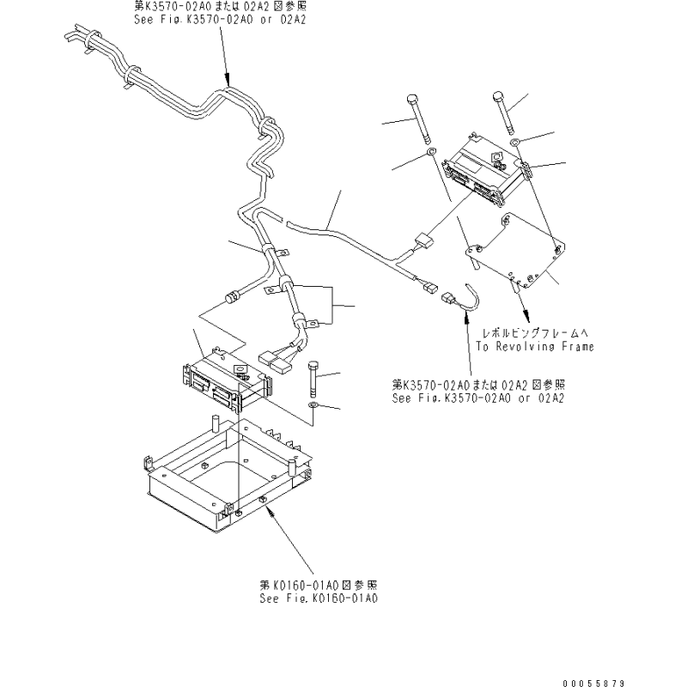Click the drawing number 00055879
point(593,683)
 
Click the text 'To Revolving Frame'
point(535,347)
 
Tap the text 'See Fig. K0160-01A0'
point(319,599)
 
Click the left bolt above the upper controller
point(420,119)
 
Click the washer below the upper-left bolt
point(432,152)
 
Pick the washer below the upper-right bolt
point(514,141)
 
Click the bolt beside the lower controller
point(314,378)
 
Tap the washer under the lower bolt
point(313,404)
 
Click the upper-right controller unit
point(487,171)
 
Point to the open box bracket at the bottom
point(229,477)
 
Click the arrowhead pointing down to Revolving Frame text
point(526,316)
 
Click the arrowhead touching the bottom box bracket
point(271,509)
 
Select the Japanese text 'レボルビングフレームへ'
point(535,333)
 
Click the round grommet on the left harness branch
point(230,298)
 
